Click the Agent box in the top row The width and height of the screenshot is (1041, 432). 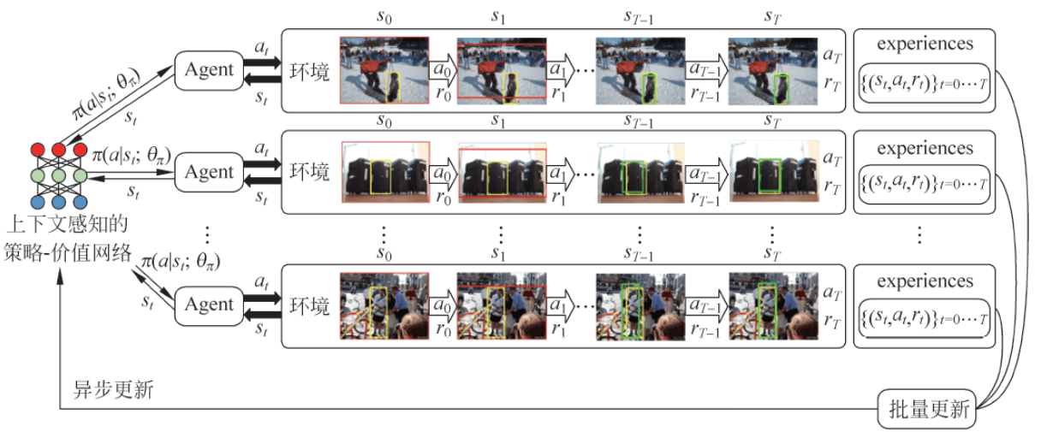tap(210, 69)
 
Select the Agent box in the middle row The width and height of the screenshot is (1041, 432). tap(210, 172)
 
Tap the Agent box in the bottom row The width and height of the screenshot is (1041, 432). tap(210, 305)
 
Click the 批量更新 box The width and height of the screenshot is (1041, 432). tap(926, 411)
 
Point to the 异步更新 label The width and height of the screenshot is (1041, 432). tap(114, 390)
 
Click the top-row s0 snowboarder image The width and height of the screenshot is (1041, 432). tap(384, 69)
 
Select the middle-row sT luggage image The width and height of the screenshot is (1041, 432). tap(772, 171)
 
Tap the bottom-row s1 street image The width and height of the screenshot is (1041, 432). tap(501, 305)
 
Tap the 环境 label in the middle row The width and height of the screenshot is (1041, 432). tap(309, 172)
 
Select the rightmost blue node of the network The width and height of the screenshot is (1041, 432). tap(80, 202)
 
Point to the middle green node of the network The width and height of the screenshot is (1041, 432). tap(59, 176)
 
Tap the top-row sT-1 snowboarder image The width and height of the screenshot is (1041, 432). tap(640, 70)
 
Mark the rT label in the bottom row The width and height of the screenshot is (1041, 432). tap(830, 320)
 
